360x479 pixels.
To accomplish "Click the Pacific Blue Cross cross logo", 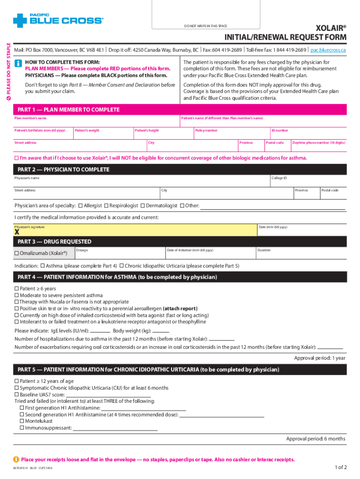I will pyautogui.click(x=21, y=21).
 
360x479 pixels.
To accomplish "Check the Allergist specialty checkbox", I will pyautogui.click(x=81, y=206).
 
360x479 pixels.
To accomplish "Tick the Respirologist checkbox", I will pyautogui.click(x=106, y=206).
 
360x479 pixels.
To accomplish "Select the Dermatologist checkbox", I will pyautogui.click(x=143, y=206).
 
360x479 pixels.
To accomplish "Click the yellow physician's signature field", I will pyautogui.click(x=136, y=230).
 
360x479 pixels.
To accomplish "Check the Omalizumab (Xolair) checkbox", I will pyautogui.click(x=17, y=253).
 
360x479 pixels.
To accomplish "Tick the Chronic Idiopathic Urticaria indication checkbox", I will pyautogui.click(x=122, y=266).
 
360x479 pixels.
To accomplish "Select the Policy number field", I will pyautogui.click(x=231, y=133).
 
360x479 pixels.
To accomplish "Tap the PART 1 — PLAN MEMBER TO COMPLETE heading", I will pyautogui.click(x=68, y=110).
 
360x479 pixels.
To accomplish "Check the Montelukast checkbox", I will pyautogui.click(x=22, y=421).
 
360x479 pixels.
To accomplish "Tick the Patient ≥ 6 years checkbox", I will pyautogui.click(x=17, y=289).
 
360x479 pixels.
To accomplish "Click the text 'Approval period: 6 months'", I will pyautogui.click(x=316, y=439).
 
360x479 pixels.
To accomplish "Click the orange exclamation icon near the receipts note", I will pyautogui.click(x=17, y=459).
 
